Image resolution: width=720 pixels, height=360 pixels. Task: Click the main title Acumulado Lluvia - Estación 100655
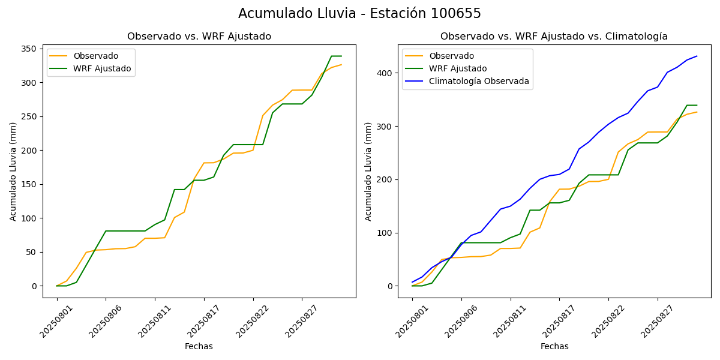[359, 14]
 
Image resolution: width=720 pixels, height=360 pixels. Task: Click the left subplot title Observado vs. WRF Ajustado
[199, 37]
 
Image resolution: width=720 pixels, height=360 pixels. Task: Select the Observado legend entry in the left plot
[95, 56]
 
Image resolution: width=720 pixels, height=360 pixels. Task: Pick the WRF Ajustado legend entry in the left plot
[102, 68]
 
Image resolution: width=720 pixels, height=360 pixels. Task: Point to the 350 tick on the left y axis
[31, 49]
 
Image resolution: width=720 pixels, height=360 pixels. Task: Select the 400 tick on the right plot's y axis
[386, 73]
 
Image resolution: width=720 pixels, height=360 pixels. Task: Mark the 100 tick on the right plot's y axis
[386, 233]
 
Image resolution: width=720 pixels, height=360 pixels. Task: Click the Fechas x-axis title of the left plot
[199, 346]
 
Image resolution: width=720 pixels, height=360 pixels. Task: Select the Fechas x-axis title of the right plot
[554, 346]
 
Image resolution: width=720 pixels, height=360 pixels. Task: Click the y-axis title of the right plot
[368, 171]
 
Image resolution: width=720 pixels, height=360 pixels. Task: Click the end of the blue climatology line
[697, 56]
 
